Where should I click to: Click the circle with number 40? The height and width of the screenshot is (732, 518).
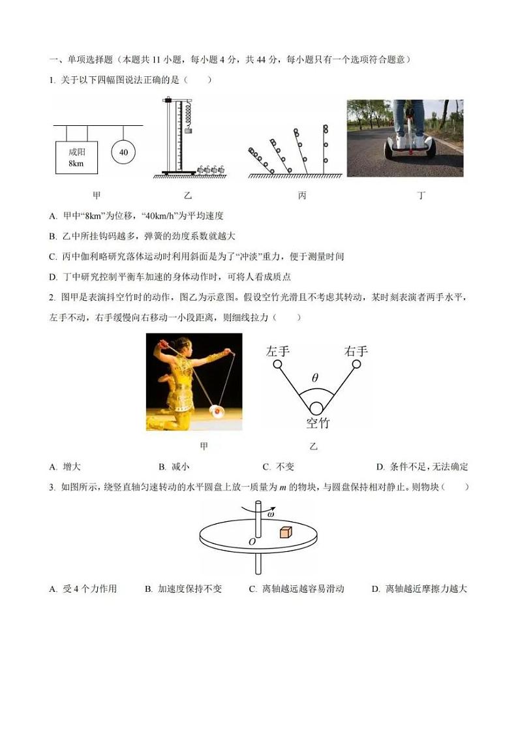coord(123,153)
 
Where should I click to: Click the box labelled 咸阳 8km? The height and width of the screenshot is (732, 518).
coord(76,157)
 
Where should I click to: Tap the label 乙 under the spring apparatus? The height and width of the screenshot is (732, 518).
coord(189,195)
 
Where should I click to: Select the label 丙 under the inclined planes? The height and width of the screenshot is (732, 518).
coord(302,195)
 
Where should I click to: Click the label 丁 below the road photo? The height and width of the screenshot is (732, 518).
coord(421,195)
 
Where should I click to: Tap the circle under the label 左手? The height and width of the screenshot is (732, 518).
coord(277,363)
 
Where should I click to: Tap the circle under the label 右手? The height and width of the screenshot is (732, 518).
coord(356,363)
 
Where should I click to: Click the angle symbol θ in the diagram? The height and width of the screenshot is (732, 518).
coord(315,378)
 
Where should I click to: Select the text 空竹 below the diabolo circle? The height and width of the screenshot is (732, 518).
coord(318,423)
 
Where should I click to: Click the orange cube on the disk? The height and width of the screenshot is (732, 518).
coord(284,532)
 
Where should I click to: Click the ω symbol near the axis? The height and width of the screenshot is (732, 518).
coord(270,515)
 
